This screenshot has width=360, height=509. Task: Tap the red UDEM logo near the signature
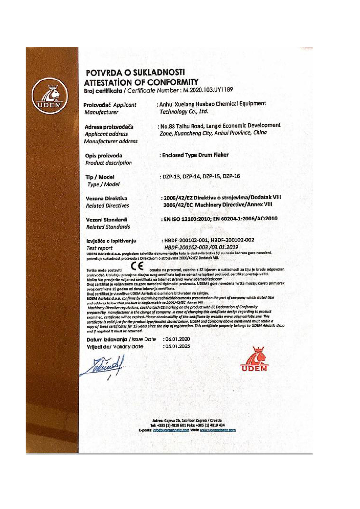pyautogui.click(x=255, y=359)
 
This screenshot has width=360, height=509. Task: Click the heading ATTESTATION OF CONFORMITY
pyautogui.click(x=141, y=82)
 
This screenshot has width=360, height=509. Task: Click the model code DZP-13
pyautogui.click(x=171, y=177)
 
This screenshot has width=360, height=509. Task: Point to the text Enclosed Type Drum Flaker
pyautogui.click(x=195, y=155)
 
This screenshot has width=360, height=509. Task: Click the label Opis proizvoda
pyautogui.click(x=103, y=156)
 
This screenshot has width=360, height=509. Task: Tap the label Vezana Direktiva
pyautogui.click(x=106, y=199)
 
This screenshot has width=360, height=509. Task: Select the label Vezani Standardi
pyautogui.click(x=107, y=220)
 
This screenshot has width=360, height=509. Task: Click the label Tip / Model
pyautogui.click(x=100, y=177)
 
